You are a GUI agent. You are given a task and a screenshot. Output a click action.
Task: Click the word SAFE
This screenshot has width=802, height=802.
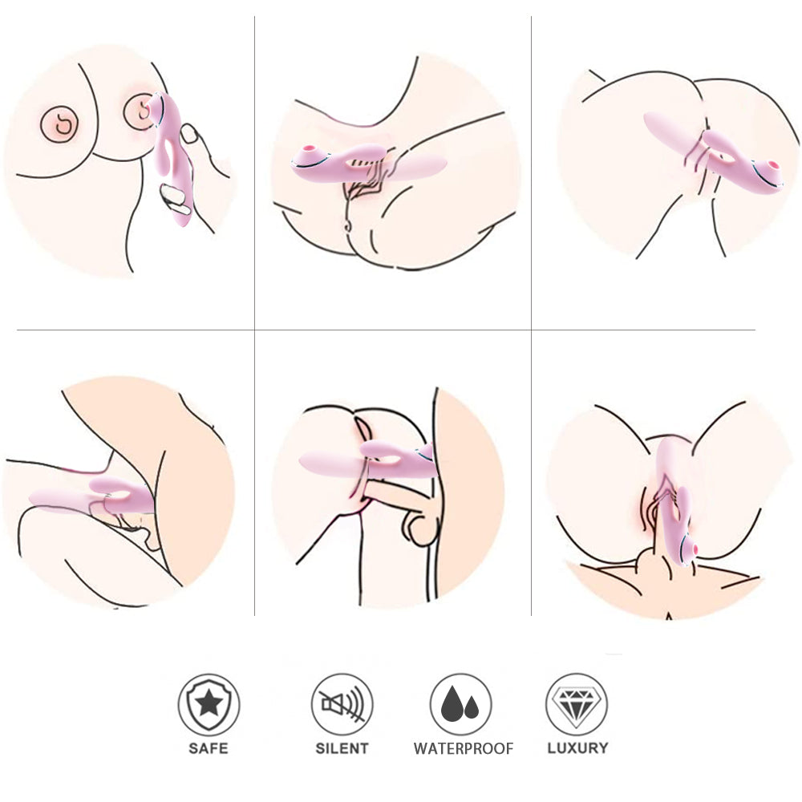coord(209,748)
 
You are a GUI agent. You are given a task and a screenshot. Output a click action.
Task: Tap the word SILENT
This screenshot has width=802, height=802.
coord(342,748)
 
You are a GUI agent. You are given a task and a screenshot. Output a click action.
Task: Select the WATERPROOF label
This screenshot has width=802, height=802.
coord(464,749)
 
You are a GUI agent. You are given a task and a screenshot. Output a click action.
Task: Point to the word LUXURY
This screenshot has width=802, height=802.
coord(577,747)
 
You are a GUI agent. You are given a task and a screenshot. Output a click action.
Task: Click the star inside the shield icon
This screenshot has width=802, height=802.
coord(209,704)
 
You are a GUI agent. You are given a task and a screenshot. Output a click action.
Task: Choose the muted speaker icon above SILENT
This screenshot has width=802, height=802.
coord(342,704)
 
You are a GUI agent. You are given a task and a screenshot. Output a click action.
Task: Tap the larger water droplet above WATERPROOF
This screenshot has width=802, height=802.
coord(452,703)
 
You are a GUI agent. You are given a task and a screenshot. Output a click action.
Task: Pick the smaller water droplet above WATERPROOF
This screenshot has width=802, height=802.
coord(472,707)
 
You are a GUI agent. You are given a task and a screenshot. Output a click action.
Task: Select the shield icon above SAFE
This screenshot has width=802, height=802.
coord(209,704)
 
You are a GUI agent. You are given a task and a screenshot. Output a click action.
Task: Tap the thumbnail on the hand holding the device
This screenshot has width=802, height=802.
coord(190,133)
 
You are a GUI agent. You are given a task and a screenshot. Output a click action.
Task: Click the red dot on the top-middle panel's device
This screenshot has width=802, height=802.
coord(308,149)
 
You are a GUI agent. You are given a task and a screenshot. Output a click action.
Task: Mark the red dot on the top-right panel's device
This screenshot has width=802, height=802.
coord(772,165)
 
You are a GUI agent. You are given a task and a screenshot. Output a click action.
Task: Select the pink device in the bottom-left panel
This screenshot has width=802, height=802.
coord(92,496)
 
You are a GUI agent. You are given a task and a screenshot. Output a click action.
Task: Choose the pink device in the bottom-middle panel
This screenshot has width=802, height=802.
coord(368,460)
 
